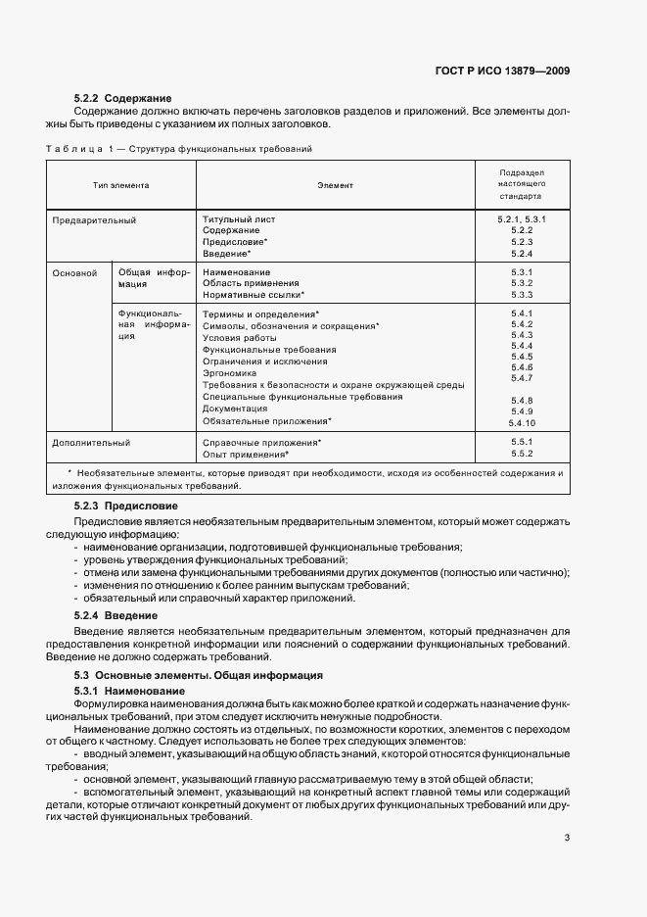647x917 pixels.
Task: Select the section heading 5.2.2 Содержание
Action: coord(122,98)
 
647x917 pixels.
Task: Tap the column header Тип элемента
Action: coord(121,184)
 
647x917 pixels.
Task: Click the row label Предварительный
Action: coord(94,220)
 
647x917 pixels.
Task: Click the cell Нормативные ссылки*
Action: coord(253,294)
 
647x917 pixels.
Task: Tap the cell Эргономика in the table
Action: coord(229,373)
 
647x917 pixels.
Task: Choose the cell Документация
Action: coord(235,409)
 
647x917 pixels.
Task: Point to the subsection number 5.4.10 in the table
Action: coord(521,422)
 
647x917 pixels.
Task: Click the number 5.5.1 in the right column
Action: coord(521,442)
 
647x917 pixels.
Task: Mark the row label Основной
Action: coord(74,271)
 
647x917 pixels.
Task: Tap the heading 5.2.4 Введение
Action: coord(116,614)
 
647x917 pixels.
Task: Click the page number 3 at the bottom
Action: coord(567,838)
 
